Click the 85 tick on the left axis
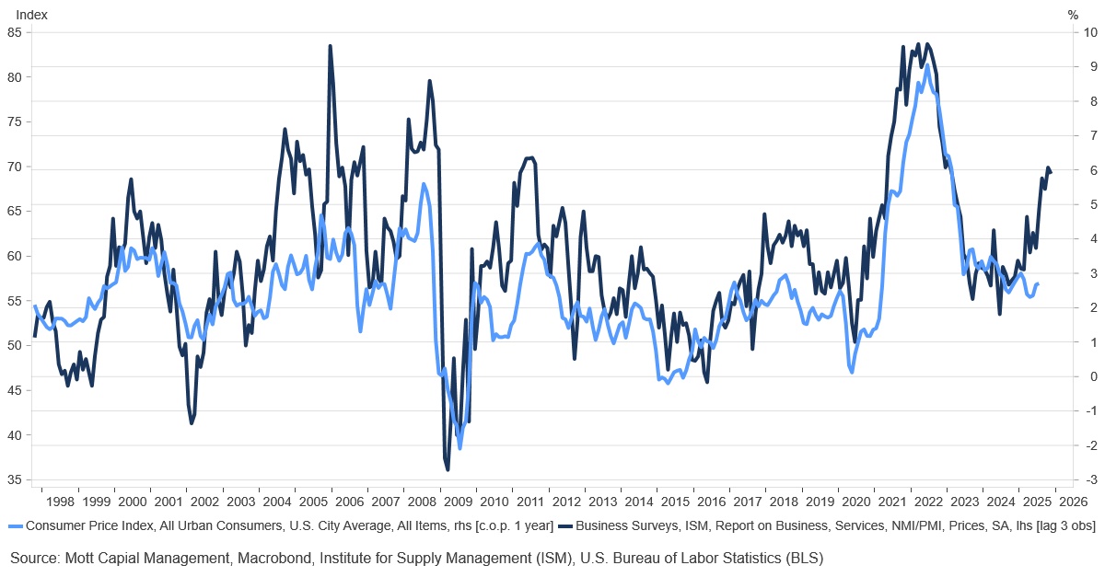click(15, 32)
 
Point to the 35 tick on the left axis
click(15, 479)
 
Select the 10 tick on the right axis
click(1090, 32)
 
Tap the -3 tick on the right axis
click(1088, 479)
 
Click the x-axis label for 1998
click(59, 502)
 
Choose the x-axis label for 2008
click(421, 502)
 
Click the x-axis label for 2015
click(674, 502)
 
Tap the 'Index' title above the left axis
click(32, 14)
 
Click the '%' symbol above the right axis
click(1073, 14)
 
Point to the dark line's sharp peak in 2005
click(330, 46)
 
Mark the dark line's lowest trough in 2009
click(448, 469)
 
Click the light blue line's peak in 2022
click(927, 67)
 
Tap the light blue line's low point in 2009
click(459, 447)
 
